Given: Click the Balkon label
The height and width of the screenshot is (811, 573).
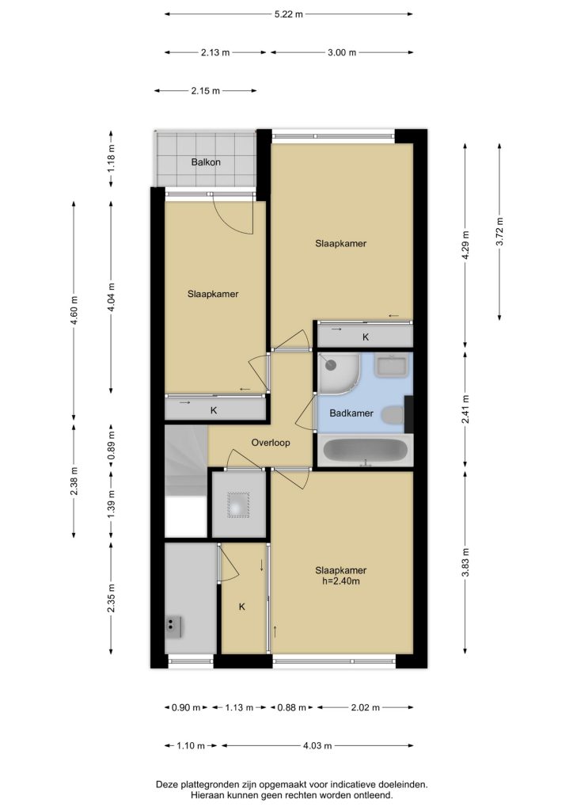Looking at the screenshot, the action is point(206,162).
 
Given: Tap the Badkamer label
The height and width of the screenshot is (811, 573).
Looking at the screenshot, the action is point(351,413).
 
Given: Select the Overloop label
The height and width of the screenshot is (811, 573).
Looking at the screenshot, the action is point(270,443).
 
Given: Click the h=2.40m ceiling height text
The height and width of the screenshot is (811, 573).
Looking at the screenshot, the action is point(341,581).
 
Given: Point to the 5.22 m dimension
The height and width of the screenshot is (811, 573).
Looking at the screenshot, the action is point(288,14).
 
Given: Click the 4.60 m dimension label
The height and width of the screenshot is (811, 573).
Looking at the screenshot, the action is point(74,310).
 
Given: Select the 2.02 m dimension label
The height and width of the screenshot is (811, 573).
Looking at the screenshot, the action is point(366,707).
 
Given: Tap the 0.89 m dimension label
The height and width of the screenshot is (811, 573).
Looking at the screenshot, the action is point(111,447).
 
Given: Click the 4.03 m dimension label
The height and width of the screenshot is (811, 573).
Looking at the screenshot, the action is point(317,746).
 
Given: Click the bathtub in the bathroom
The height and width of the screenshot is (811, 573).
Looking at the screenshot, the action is point(366,451).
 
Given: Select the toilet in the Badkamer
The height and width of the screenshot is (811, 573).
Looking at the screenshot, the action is point(393,415).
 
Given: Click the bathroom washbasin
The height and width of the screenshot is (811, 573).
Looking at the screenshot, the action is point(393,366).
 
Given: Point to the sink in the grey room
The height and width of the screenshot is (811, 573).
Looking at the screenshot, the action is point(173,626).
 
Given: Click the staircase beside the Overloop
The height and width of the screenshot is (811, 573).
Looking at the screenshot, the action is point(186,481).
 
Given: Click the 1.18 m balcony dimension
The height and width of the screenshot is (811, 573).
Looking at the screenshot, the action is point(111,159).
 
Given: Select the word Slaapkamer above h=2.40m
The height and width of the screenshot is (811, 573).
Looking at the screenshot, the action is point(341,570).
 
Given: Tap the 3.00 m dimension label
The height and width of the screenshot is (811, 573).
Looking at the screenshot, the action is point(342,52).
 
